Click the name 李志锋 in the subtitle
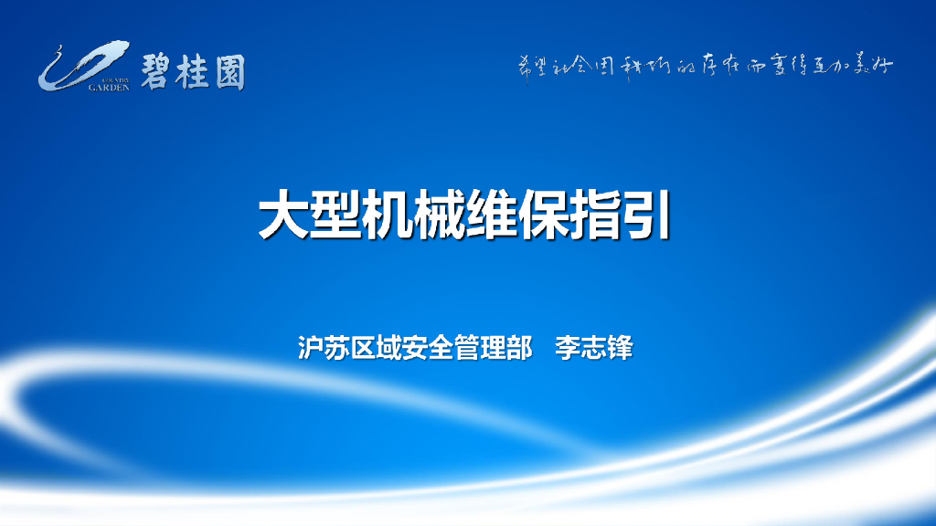click(x=594, y=348)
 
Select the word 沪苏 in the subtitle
click(x=324, y=348)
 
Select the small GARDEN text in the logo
click(x=109, y=88)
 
